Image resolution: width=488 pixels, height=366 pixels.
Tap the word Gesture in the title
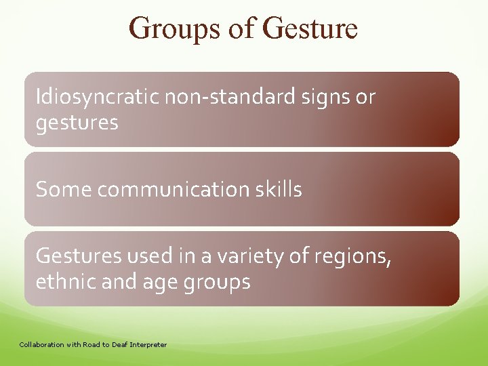click(309, 28)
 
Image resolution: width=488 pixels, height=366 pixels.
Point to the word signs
click(330, 98)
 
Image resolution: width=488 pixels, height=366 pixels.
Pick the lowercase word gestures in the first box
click(77, 123)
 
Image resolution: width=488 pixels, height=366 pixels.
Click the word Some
click(64, 190)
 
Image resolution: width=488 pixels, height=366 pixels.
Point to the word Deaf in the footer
click(116, 345)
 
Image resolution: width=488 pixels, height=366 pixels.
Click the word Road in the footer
click(84, 345)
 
